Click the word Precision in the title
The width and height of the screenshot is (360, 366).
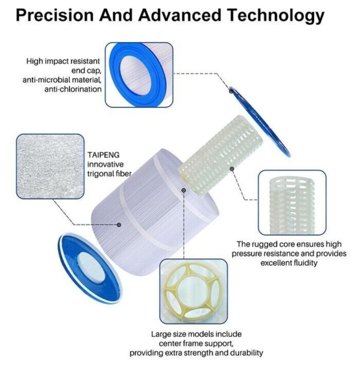pos(55,15)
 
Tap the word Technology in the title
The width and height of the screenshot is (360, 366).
pos(276,16)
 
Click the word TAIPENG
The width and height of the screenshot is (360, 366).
pos(103,155)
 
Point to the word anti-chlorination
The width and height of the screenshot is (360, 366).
pos(73,89)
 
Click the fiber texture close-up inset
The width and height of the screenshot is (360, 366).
pos(50,167)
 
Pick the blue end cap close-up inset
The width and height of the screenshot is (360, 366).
pos(139,75)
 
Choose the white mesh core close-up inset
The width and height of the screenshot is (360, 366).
pos(292,202)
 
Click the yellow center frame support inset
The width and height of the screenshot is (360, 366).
pos(193,291)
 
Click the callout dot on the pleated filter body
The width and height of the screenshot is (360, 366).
pos(119,225)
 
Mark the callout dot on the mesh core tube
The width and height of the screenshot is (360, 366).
pos(232,169)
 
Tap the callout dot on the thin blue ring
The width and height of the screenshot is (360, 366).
pos(231,91)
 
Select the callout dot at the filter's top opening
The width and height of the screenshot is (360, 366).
pos(184,190)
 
